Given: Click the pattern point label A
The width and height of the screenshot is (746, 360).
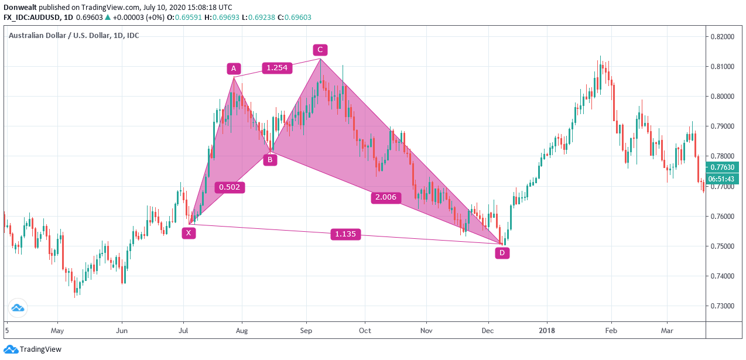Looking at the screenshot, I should (234, 69).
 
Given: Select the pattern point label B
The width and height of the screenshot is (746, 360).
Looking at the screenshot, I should (270, 159).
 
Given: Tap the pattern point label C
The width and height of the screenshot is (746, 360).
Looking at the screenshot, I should (320, 50).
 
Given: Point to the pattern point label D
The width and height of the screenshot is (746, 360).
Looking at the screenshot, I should (502, 253).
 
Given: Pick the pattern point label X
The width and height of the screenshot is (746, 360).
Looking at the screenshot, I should (189, 233).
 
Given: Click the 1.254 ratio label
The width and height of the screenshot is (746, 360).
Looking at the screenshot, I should (277, 68).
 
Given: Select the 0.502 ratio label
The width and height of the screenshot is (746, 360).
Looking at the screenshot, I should (229, 187).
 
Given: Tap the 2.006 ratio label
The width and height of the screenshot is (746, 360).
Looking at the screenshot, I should (386, 197).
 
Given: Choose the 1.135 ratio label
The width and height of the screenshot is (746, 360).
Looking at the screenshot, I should (345, 235).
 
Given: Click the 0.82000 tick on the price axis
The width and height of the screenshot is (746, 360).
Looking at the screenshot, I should (722, 37).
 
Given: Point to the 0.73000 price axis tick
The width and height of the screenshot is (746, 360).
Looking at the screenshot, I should (722, 306).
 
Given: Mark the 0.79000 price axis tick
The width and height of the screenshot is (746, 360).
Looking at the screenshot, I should (722, 126).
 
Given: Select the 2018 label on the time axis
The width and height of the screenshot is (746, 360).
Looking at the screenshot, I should (547, 331).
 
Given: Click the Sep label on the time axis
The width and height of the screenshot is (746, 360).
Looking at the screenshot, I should (304, 331).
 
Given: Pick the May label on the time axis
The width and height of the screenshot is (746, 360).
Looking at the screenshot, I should (57, 331).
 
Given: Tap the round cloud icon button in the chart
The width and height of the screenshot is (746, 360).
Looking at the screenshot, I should (18, 308).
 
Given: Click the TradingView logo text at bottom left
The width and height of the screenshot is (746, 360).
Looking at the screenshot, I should (40, 349).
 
